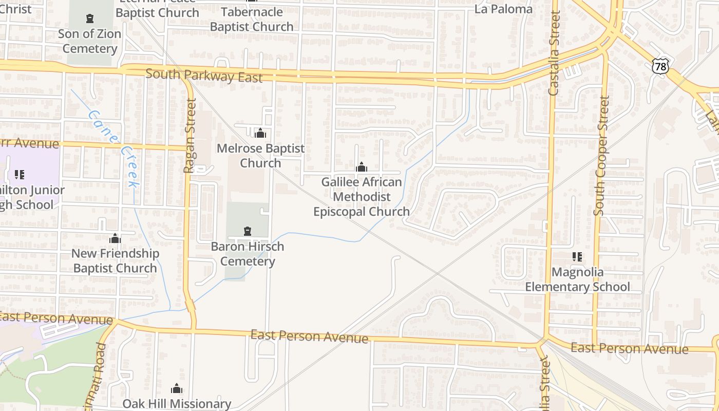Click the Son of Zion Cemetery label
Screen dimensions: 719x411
click(89, 41)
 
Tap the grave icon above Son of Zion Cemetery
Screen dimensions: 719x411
click(90, 19)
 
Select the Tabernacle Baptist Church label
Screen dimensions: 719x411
click(252, 19)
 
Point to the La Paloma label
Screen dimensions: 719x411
click(503, 9)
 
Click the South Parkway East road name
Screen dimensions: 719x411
click(204, 75)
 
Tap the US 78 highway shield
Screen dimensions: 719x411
click(661, 65)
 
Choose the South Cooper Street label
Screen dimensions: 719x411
click(601, 156)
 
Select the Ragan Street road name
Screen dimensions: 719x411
click(190, 136)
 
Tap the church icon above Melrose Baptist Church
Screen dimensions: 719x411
click(260, 133)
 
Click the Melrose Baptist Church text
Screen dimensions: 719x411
click(260, 156)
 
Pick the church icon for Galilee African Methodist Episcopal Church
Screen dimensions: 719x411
click(362, 167)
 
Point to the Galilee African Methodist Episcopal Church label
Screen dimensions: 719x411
click(362, 197)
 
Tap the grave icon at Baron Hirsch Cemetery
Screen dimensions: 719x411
click(248, 231)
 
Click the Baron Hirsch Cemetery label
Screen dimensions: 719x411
click(248, 254)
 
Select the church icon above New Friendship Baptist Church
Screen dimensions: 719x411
click(115, 238)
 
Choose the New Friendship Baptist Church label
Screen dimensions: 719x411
click(115, 260)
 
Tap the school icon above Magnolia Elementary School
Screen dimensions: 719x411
click(577, 256)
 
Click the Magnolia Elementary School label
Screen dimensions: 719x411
click(577, 279)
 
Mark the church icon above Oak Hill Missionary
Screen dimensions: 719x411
click(177, 388)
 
